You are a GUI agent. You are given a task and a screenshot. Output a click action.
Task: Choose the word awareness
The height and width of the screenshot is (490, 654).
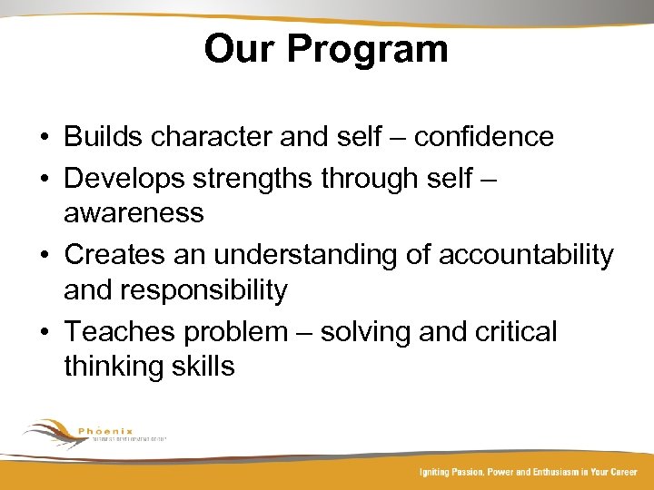(x=134, y=213)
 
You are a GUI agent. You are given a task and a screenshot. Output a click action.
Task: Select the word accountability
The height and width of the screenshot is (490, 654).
(x=526, y=255)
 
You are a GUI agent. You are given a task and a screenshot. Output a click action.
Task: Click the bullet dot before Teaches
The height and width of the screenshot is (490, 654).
(x=45, y=332)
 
